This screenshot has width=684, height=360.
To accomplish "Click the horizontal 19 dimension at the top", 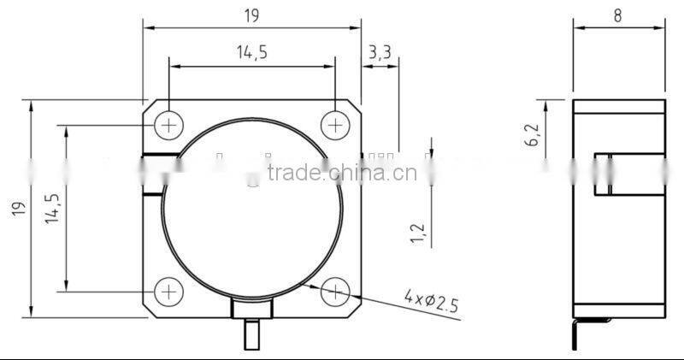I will (251, 16).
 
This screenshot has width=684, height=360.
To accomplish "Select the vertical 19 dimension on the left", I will (19, 210).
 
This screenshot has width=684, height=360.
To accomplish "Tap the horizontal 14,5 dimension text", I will (251, 53).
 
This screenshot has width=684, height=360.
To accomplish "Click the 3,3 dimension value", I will (379, 53).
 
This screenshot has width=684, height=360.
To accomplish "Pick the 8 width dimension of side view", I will (616, 16).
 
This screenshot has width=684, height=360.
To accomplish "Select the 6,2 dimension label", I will (534, 136).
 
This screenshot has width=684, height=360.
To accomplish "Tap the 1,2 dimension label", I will (417, 233).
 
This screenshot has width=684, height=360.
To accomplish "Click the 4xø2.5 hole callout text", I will (433, 300).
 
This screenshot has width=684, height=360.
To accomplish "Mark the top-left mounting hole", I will (169, 126).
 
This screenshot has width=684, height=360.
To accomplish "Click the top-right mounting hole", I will (335, 126).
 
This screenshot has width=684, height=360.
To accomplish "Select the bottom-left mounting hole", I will (169, 292).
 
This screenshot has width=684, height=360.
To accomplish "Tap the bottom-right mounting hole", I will (335, 292).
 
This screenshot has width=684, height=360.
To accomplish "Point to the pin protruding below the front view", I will (252, 335).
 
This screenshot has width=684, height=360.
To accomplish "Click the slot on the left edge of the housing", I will (154, 174).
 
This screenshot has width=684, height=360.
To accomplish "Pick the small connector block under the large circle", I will (252, 309).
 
